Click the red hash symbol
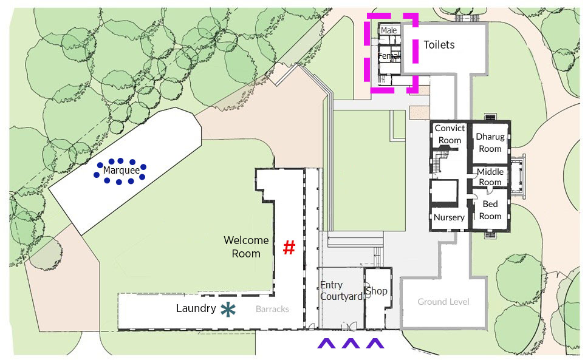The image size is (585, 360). [289, 248]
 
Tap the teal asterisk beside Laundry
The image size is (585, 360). [228, 310]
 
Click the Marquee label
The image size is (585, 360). [121, 171]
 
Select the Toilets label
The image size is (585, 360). [439, 45]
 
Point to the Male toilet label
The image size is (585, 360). [389, 30]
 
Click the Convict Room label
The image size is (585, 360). [450, 134]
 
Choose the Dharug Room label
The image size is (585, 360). [490, 142]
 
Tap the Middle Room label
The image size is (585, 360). [490, 177]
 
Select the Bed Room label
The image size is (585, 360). [490, 210]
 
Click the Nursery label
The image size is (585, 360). [449, 217]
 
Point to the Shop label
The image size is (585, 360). [377, 291]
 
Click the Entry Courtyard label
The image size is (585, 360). [341, 291]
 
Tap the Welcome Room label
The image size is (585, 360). [246, 246]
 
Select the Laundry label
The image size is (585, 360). [196, 308]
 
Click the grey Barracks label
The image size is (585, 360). [272, 309]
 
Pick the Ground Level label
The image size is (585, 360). [443, 302]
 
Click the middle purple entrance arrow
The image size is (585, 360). [351, 343]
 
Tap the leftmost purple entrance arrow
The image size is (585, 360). [326, 343]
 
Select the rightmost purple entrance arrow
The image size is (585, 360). [375, 343]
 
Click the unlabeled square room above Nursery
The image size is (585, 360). [444, 192]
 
